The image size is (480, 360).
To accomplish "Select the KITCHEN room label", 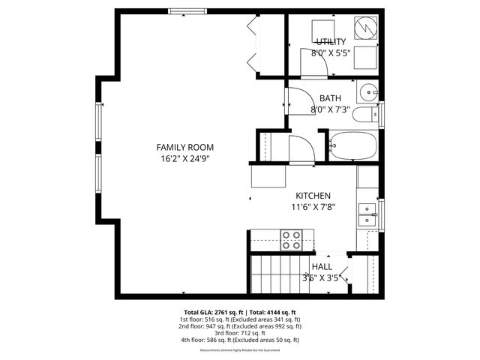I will point(312,195).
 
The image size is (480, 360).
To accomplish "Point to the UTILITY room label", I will point(330,41).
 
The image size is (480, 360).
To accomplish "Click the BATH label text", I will point(330,98).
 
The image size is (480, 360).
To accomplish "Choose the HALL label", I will point(322,266).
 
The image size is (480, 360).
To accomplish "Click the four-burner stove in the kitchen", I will point(291,240).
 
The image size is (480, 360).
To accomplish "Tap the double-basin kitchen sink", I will point(367,214).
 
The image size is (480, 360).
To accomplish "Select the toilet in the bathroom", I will point(367,115).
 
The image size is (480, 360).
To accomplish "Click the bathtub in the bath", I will point(353,145).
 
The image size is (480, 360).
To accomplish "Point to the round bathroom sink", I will point(367,93).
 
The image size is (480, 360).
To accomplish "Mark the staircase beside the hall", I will point(276,274).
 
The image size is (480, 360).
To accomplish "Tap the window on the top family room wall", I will point(186,11).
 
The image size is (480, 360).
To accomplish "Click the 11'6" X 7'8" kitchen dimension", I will point(312,207).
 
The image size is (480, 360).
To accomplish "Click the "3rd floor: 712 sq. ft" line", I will point(240,333).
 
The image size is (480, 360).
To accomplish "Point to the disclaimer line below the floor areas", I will point(240,350).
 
